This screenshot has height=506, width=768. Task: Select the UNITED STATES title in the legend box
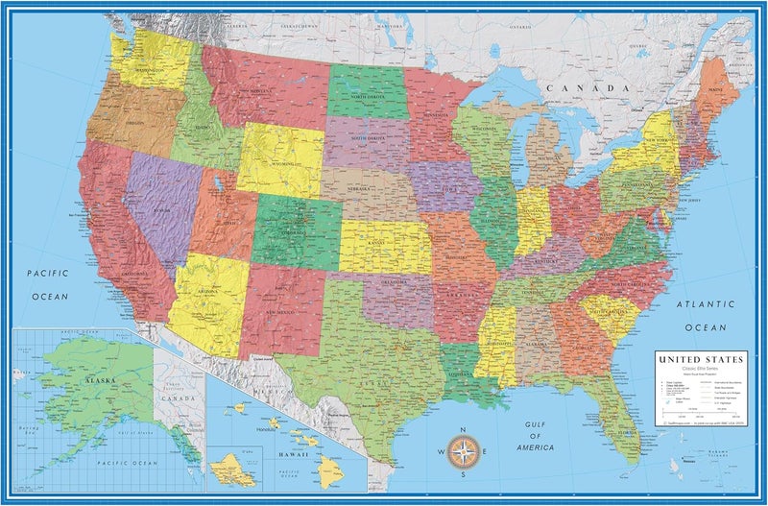tap(699, 359)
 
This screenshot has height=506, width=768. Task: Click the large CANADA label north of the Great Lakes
tap(574, 88)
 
